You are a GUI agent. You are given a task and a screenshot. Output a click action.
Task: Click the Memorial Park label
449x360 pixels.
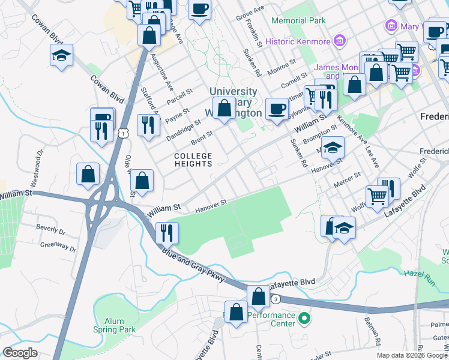tap(298, 20)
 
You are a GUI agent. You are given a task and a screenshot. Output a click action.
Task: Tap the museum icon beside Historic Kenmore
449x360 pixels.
tap(340, 41)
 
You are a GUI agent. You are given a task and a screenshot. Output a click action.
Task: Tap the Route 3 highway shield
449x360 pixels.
tap(275, 299)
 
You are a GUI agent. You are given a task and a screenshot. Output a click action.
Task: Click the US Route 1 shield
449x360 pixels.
tap(122, 134)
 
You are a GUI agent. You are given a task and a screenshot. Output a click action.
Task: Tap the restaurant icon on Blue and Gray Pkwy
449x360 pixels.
tap(166, 231)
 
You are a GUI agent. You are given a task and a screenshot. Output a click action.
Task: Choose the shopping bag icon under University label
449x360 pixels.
tap(224, 109)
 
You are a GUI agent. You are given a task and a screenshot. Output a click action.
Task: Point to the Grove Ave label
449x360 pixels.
tap(250, 13)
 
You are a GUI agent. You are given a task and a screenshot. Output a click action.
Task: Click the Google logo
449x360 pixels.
tap(20, 353)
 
